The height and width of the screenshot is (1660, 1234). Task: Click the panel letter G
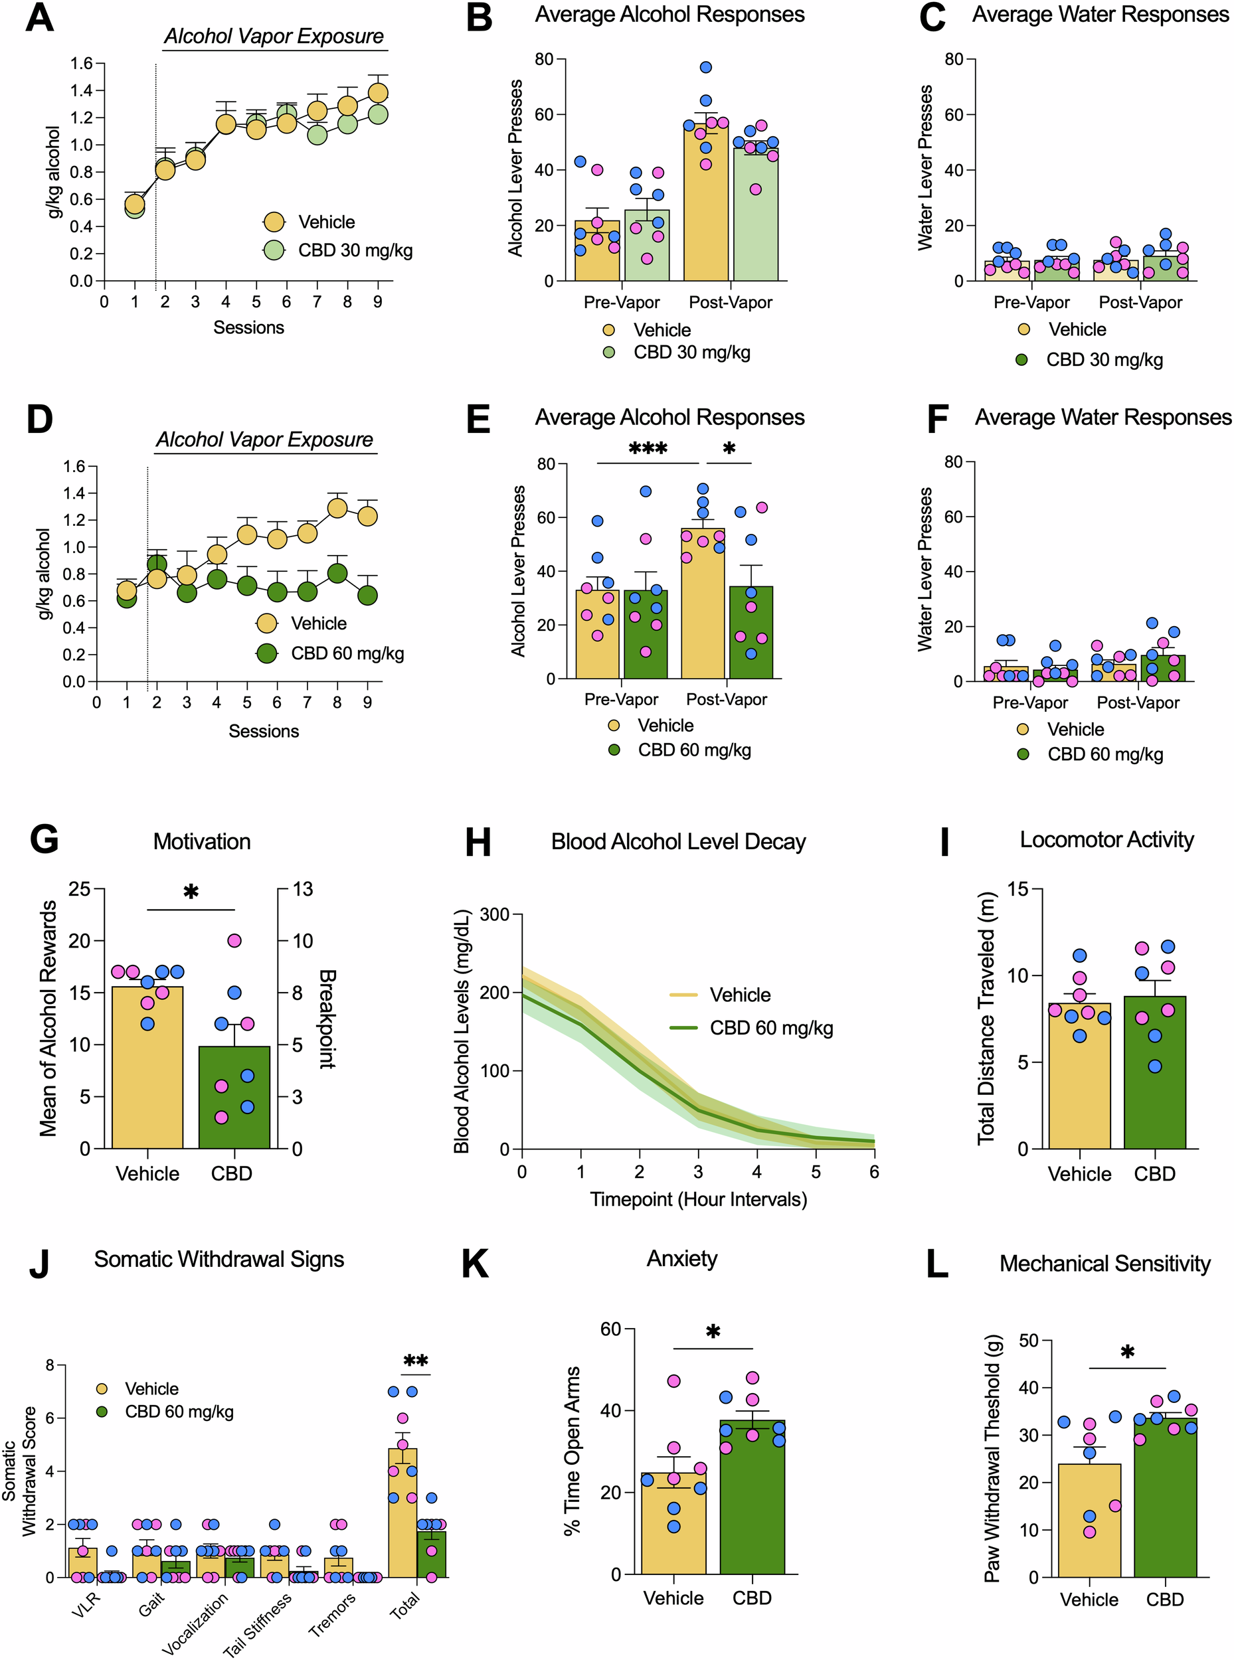44,839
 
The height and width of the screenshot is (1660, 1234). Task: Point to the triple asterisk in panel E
648,450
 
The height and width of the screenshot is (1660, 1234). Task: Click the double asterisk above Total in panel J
415,1361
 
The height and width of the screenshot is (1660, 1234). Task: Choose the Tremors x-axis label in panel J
332,1614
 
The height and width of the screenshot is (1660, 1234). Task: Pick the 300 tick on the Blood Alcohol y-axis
495,915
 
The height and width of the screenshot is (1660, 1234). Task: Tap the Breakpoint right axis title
327,1019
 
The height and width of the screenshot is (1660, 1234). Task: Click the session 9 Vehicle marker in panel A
378,92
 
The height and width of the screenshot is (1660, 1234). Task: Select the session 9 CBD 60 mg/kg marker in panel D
367,595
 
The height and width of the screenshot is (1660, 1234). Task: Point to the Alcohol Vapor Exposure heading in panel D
264,440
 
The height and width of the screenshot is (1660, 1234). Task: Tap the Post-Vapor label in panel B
730,302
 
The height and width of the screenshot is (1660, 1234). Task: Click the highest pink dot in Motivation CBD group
234,940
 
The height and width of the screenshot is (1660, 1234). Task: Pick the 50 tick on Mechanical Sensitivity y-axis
1028,1341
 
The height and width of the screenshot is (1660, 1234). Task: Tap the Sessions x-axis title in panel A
249,327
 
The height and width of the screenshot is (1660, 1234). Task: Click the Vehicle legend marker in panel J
102,1389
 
